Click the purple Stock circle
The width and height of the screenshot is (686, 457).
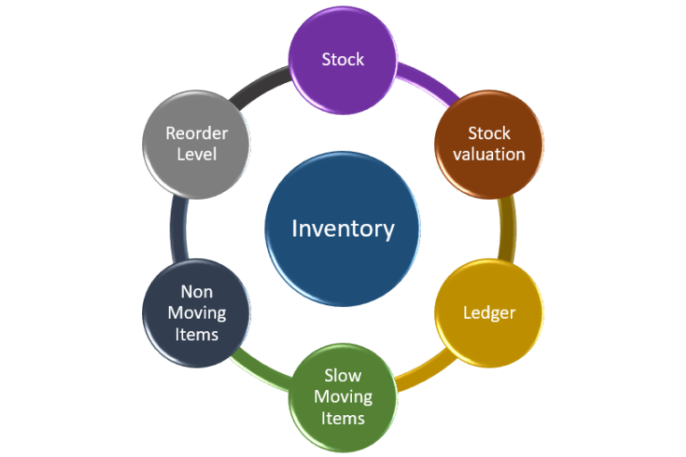click(x=343, y=61)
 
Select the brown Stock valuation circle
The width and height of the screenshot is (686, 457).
click(x=489, y=143)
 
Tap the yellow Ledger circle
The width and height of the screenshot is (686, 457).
click(x=489, y=312)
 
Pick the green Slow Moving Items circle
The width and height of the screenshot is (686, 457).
click(x=343, y=397)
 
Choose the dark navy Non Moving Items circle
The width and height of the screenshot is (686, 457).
click(x=197, y=312)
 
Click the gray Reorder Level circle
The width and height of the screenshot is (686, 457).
click(x=197, y=143)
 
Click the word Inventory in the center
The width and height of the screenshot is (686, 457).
click(x=343, y=228)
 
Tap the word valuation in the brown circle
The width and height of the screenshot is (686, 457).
click(x=489, y=154)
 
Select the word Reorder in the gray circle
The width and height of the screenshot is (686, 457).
click(x=197, y=133)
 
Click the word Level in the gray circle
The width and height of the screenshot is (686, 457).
click(x=197, y=154)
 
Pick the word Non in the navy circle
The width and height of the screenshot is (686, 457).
click(x=197, y=292)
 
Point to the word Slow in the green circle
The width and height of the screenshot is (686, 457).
click(x=343, y=376)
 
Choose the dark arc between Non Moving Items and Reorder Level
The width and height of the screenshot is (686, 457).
click(x=178, y=228)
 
